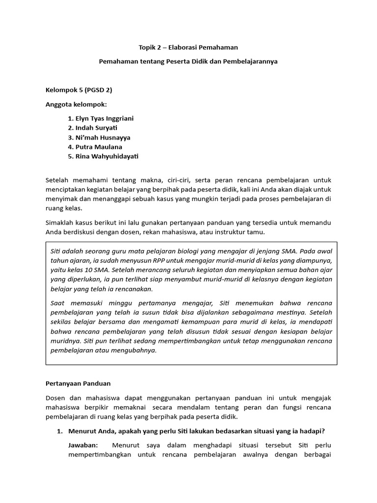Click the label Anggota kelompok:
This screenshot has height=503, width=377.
76,104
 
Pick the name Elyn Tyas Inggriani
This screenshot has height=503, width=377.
104,118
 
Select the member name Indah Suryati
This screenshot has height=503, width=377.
96,128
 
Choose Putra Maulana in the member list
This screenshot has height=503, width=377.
99,147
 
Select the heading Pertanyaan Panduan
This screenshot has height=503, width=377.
78,383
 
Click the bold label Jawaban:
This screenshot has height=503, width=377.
83,445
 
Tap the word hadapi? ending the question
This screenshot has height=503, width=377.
313,431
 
